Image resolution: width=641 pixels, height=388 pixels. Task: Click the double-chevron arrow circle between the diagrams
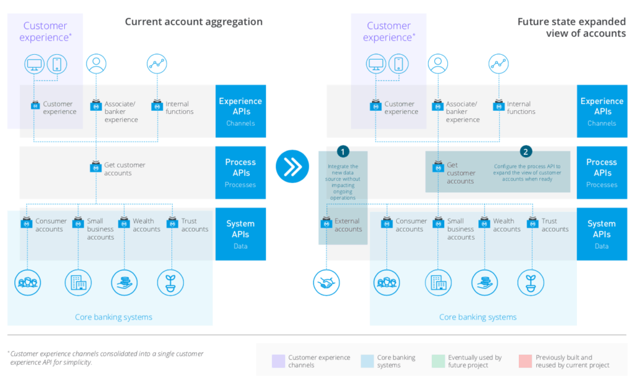tap(292, 166)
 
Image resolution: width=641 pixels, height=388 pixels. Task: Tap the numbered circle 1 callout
tap(343, 151)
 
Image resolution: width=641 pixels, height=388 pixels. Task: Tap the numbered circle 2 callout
tap(526, 151)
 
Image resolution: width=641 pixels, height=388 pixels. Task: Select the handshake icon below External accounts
tap(326, 283)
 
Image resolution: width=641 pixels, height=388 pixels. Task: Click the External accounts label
tap(348, 225)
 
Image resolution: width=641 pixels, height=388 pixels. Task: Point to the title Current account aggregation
tap(194, 22)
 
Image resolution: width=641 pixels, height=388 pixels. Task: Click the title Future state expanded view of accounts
tap(571, 28)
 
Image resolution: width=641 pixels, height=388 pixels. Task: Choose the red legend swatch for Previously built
tap(526, 361)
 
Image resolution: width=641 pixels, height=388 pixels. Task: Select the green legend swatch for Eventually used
tap(438, 361)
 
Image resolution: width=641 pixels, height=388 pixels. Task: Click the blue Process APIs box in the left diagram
tap(241, 172)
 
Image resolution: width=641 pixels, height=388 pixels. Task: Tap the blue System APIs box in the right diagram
tap(602, 233)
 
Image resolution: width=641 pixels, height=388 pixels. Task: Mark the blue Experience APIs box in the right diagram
tap(602, 111)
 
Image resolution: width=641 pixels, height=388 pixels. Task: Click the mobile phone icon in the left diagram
tap(57, 64)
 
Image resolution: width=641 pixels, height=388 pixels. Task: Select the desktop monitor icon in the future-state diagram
tap(375, 64)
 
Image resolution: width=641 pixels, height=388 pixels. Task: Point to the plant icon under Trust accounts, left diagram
tap(170, 283)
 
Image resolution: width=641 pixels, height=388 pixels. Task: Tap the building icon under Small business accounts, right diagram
tap(437, 283)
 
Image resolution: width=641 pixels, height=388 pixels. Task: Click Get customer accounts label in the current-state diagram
tap(125, 169)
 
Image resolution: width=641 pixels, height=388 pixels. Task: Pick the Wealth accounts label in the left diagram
tap(146, 225)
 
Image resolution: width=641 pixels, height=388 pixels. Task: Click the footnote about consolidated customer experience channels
tap(106, 358)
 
